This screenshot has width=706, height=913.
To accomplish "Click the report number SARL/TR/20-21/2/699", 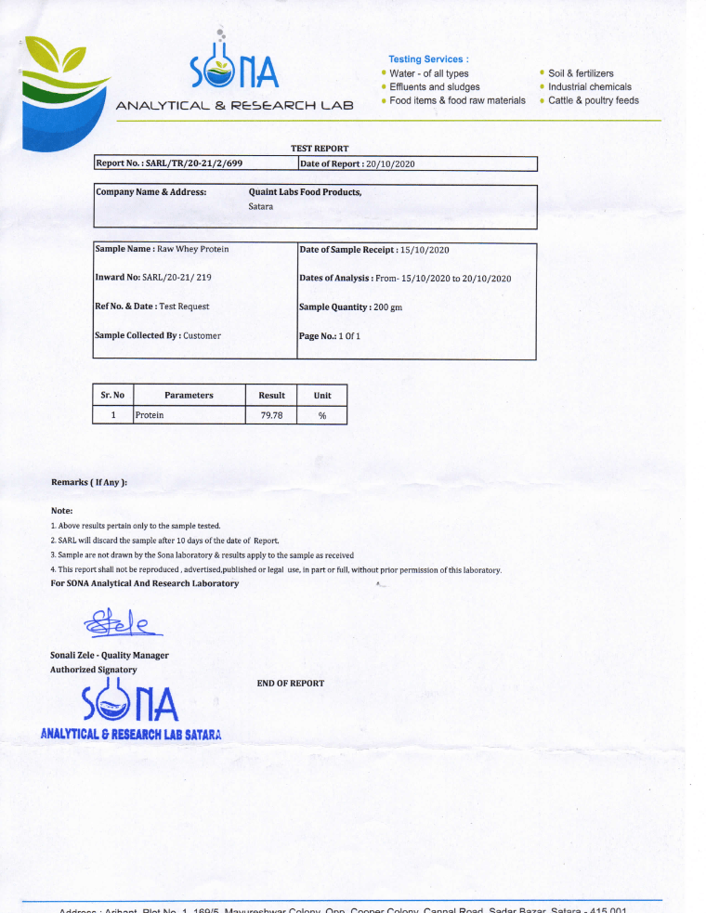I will click(x=194, y=163).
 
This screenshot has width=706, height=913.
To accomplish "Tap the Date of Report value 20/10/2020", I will click(x=390, y=163).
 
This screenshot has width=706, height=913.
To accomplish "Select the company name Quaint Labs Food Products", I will click(x=305, y=192).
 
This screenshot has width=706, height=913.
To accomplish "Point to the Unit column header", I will click(x=322, y=395).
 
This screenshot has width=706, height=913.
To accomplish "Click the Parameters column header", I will click(x=189, y=395).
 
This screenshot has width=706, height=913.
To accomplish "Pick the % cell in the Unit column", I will click(x=322, y=415).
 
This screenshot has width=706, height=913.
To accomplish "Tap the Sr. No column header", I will click(x=112, y=395).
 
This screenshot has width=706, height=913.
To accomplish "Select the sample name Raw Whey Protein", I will click(x=193, y=249).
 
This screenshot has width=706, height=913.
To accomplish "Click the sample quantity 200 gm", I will click(x=387, y=307).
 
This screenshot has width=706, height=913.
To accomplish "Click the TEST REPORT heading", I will click(x=320, y=148).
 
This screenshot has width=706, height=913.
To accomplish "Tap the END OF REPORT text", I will click(x=291, y=683).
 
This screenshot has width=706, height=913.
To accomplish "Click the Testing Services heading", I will click(x=428, y=59).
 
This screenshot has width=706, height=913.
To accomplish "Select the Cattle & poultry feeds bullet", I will click(x=593, y=100).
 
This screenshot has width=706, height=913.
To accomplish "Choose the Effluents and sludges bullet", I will click(x=434, y=86).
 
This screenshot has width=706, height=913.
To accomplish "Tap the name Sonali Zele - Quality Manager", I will click(x=110, y=655).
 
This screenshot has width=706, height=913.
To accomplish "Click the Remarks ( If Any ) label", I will click(x=89, y=482).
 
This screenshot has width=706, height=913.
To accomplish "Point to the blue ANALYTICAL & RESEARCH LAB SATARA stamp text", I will click(x=131, y=735).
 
